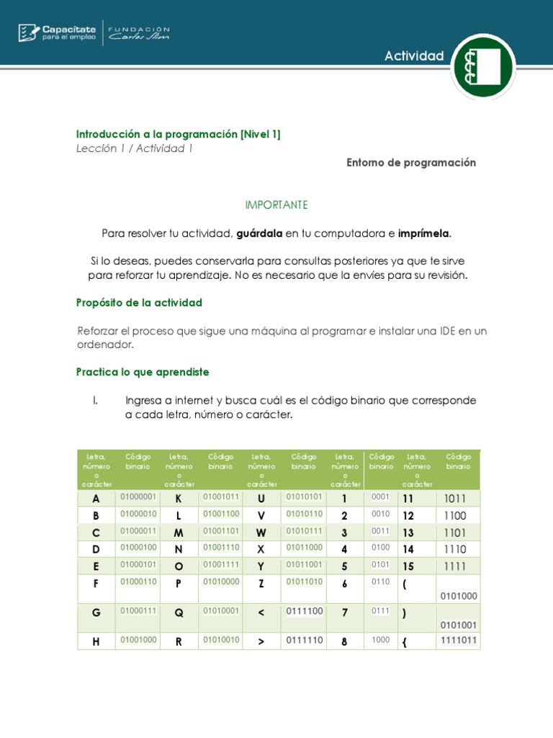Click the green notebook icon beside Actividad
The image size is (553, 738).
482,66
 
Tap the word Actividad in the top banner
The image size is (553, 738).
414,56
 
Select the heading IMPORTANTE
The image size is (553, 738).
276,205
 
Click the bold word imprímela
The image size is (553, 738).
424,234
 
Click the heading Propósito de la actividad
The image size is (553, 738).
139,303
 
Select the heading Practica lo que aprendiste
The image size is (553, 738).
143,372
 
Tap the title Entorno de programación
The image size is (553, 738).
411,163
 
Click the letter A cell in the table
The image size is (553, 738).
96,499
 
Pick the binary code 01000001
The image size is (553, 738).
138,497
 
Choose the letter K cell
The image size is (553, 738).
179,499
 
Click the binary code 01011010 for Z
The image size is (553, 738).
304,582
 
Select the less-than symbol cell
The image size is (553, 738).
261,613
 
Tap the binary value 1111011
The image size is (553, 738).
458,640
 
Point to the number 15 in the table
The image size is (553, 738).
408,566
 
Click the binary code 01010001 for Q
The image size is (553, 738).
221,610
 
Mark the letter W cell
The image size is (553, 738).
261,533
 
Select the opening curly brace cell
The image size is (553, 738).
405,641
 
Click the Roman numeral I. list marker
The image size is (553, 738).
95,401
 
